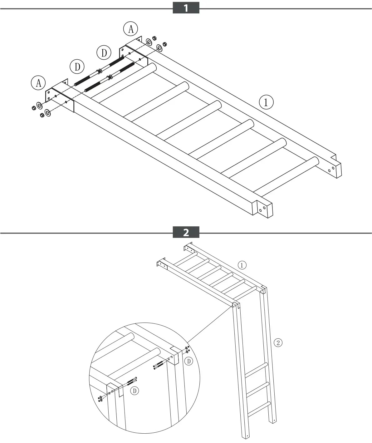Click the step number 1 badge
point(186,8)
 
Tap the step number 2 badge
point(186,232)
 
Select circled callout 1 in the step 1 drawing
point(266,102)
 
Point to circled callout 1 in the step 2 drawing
point(242,265)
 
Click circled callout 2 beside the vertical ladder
point(278,343)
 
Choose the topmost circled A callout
point(131,29)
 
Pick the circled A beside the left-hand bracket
point(38,83)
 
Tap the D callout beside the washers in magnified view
point(188,362)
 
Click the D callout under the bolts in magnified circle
point(135,391)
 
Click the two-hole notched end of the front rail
point(265,209)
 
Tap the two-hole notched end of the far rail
point(334,169)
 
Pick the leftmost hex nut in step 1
point(34,108)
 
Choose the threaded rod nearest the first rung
point(109,77)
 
